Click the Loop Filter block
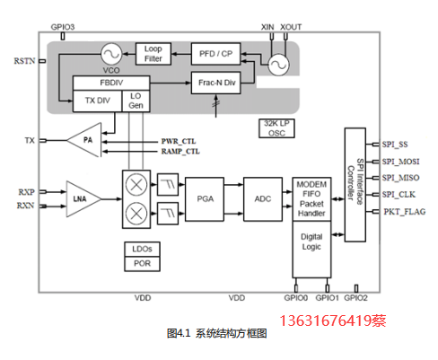(x=153, y=54)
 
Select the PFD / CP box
(x=215, y=54)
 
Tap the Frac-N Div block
(x=215, y=83)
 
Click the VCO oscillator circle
(x=111, y=54)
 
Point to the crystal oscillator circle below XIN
(x=278, y=65)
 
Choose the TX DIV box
(x=98, y=101)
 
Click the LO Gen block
(x=136, y=101)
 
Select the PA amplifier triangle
(x=84, y=140)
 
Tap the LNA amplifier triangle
(x=83, y=198)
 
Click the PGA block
(x=205, y=199)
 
